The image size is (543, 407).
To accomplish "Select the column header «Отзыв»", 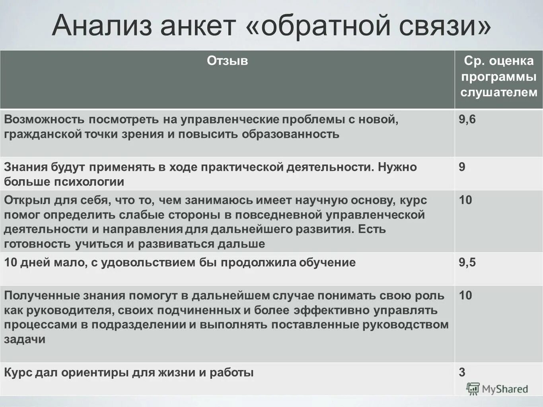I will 227,61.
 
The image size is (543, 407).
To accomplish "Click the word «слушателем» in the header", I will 499,93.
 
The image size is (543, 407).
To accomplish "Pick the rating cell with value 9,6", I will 467,120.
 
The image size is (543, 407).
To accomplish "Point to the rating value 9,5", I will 467,263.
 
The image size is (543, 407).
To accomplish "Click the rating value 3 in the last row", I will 462,372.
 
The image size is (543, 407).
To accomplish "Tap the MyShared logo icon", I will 473,389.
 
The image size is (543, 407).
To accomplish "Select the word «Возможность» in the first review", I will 44,120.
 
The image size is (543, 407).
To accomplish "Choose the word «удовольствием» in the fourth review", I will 153,263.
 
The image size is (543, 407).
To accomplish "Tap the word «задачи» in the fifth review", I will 25,339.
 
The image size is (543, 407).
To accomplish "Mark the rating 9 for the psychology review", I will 462,167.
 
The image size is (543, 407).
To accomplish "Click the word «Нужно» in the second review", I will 397,167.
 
